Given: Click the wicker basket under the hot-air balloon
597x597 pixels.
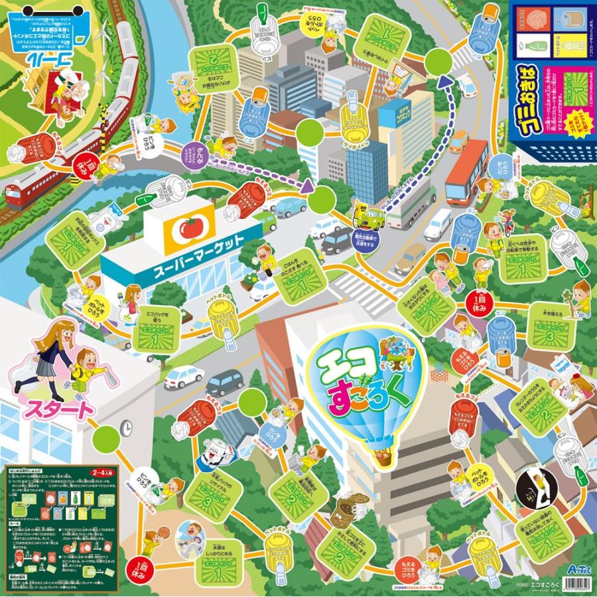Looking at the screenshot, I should coord(383,459).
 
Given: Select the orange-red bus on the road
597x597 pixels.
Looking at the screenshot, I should coord(467,172).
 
